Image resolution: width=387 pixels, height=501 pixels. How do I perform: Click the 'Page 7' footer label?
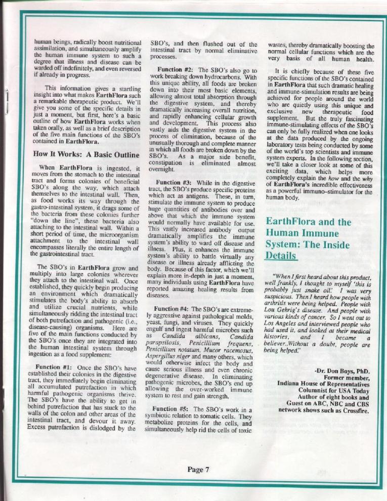198,469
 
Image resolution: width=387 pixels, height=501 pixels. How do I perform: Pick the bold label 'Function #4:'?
175,308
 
